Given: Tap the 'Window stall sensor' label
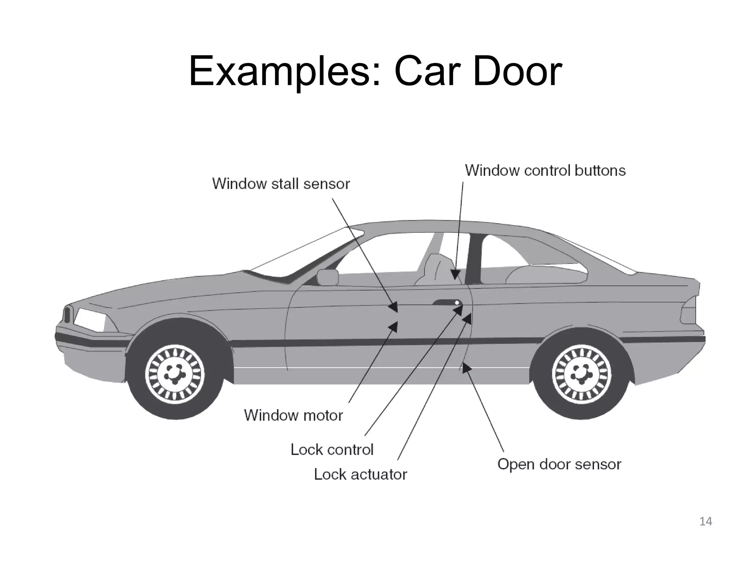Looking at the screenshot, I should pos(281,184).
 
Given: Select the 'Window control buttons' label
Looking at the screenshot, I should pos(545,170).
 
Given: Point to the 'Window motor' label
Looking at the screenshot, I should pos(293,415).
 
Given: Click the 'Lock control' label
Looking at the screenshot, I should pos(332,449).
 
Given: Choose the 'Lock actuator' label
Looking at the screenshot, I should pos(360,474).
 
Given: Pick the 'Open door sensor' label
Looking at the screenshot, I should pos(559,464).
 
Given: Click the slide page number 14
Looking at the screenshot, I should pos(706,521).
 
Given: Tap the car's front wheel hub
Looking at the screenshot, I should pos(175,374).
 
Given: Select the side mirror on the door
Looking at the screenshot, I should pos(327,277).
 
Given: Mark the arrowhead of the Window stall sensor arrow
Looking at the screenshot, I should pos(394,307).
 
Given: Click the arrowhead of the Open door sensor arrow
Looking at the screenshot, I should pos(466,368).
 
